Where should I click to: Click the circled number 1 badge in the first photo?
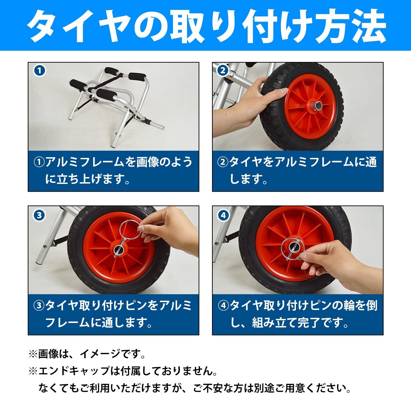pos(40,71)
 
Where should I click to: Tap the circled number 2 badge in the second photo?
pos(223,71)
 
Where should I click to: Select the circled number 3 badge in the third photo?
pos(39,215)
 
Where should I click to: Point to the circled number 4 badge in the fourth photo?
pos(223,215)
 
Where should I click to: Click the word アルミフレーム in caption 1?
pos(85,162)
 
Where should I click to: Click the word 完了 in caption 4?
pos(310,323)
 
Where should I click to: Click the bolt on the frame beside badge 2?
pos(232,75)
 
